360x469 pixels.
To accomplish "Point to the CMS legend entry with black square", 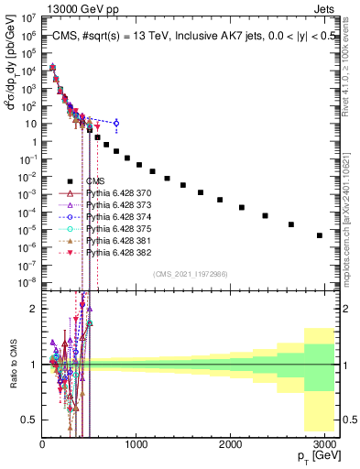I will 96,181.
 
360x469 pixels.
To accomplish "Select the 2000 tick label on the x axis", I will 231,445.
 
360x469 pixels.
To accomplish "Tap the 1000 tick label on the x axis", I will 136,445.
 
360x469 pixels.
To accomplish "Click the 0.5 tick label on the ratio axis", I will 29,420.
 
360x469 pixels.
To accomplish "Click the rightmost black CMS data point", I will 319,235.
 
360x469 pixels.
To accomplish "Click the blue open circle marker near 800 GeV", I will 116,123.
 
